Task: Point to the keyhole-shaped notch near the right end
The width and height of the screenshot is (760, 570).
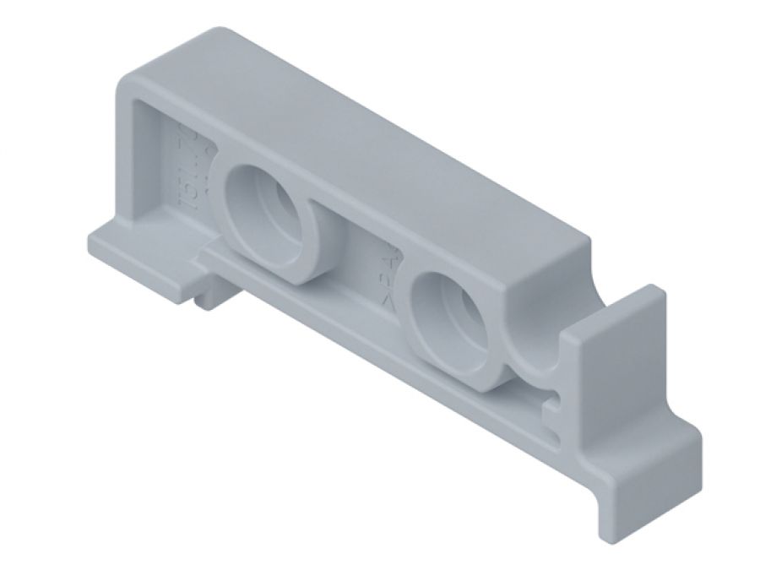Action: pyautogui.click(x=552, y=397)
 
